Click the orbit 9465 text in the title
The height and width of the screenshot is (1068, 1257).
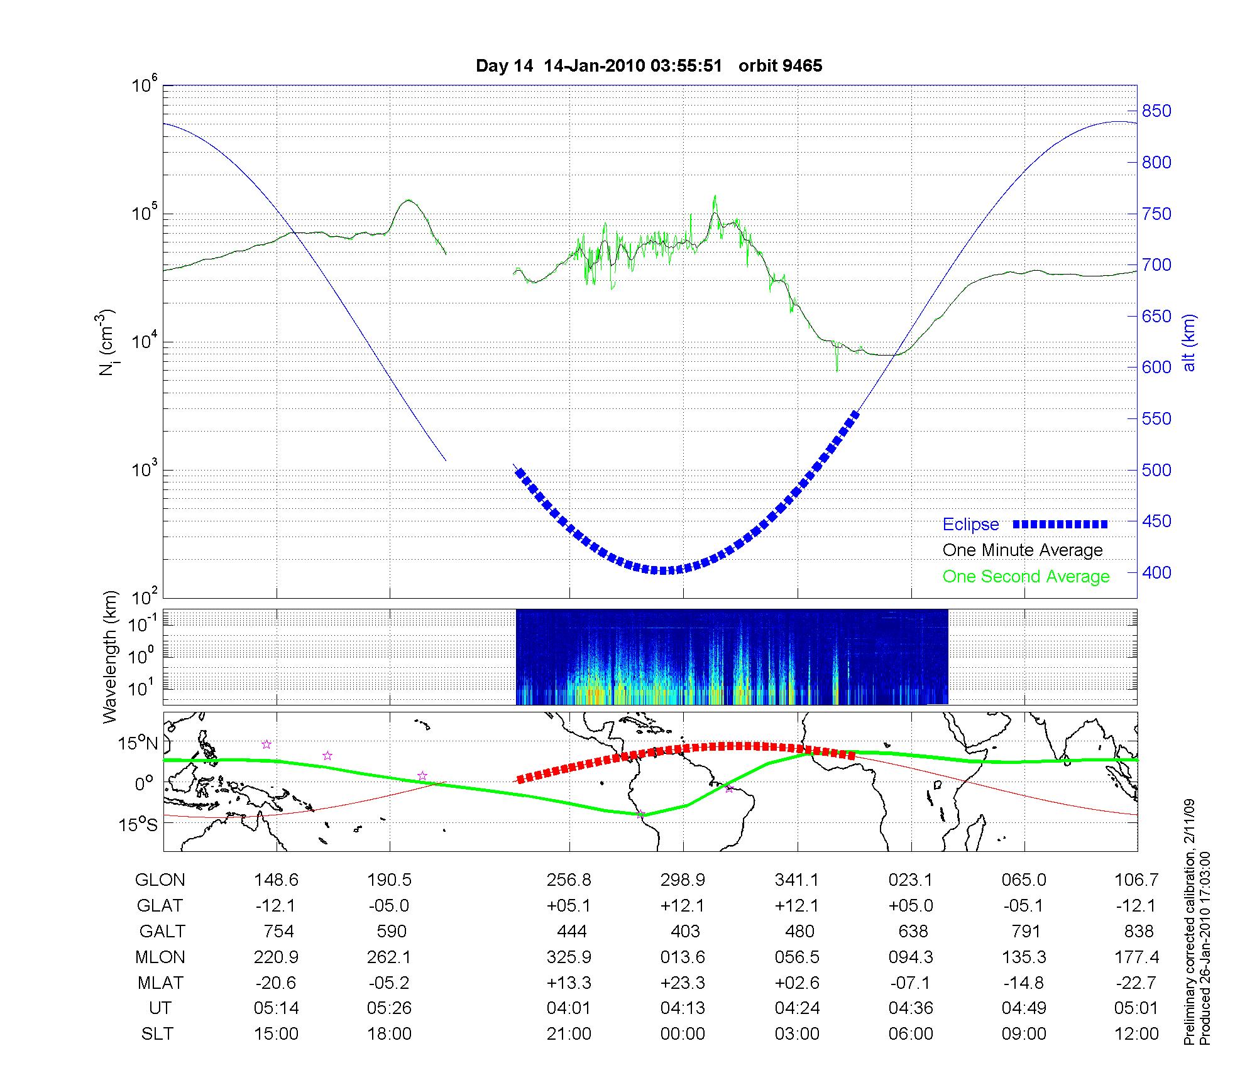click(780, 66)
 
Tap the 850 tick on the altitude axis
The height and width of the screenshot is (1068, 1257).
click(1156, 111)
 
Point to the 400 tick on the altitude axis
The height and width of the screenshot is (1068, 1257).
click(1156, 572)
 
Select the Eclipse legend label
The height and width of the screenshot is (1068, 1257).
click(970, 525)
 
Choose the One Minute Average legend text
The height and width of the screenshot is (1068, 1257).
click(1023, 550)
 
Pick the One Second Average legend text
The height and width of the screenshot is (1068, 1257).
click(1026, 577)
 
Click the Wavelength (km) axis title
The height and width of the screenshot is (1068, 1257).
click(111, 657)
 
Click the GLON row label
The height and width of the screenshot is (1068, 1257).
click(160, 880)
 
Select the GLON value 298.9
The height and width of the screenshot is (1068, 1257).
click(683, 880)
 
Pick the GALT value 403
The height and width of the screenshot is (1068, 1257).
click(685, 931)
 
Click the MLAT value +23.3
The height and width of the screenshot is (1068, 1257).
click(683, 983)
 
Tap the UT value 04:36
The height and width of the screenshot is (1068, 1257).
click(911, 1008)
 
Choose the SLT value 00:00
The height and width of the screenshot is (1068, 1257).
click(683, 1034)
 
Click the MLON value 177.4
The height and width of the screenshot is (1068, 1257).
click(1136, 957)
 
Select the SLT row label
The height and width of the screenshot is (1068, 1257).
click(157, 1034)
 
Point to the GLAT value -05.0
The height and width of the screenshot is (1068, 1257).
click(389, 905)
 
